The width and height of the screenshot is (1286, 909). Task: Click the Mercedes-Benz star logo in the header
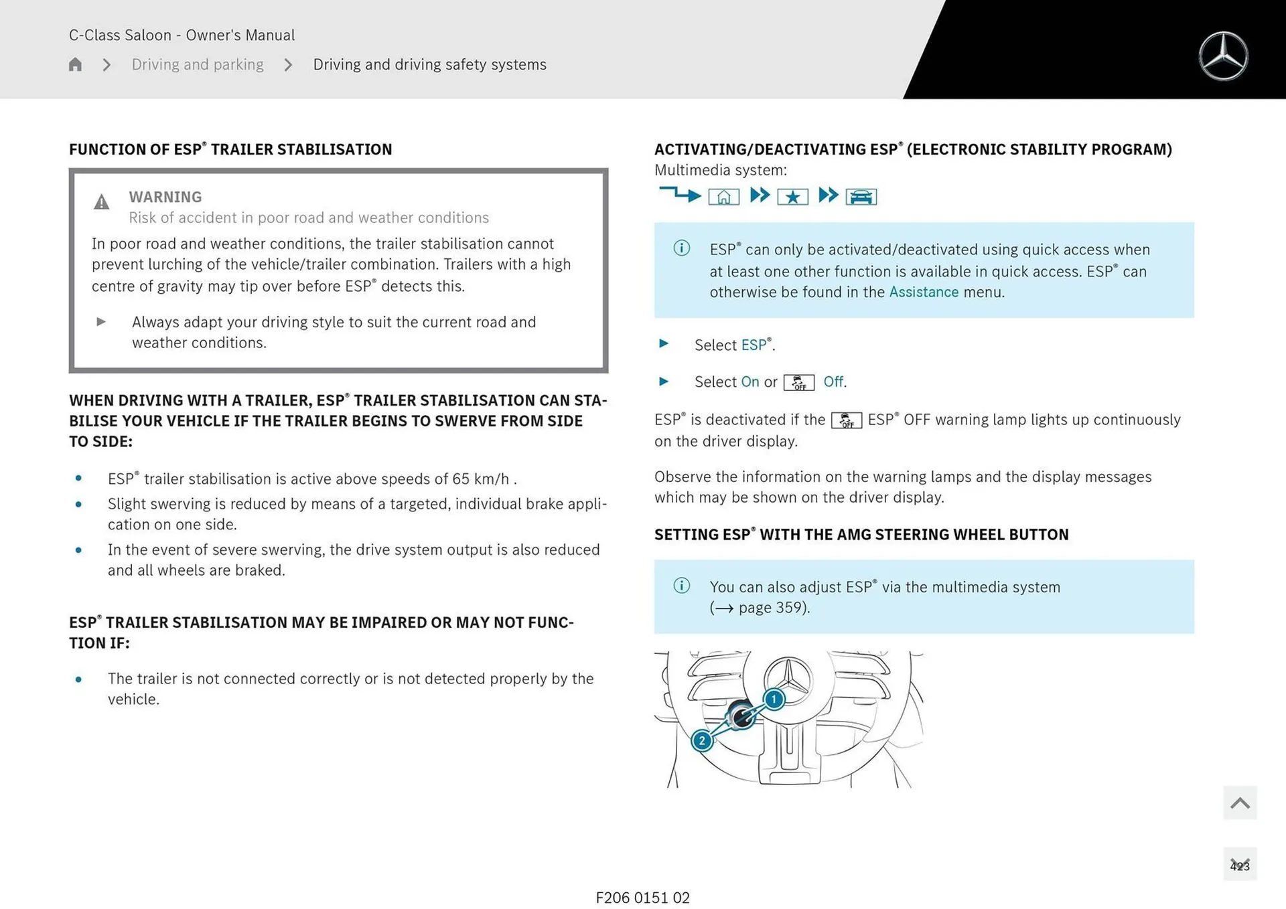1223,56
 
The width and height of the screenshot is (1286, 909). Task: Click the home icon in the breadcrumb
75,64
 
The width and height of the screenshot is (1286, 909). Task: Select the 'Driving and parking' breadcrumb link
198,64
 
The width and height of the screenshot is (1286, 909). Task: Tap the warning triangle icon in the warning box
101,202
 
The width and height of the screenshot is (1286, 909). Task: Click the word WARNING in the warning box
165,197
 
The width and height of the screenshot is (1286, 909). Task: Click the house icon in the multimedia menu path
723,197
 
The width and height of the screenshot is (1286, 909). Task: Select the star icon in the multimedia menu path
792,197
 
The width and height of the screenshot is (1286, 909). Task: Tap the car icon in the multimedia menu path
861,197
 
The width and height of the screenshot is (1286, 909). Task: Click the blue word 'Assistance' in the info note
924,293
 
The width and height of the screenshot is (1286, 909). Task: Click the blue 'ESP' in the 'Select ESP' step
754,345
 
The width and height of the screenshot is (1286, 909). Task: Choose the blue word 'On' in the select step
750,382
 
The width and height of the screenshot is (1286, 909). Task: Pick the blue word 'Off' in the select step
833,382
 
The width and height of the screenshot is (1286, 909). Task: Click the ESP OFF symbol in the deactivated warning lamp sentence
847,420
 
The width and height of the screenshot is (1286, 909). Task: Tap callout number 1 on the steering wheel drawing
774,699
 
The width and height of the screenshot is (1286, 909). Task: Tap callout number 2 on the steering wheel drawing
702,741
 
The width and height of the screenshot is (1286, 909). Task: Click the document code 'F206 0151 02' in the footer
642,898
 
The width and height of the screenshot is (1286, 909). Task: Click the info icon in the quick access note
681,248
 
